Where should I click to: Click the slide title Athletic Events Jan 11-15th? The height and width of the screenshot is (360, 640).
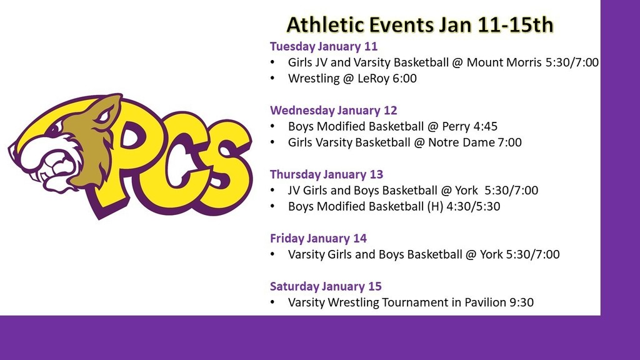[x=420, y=24]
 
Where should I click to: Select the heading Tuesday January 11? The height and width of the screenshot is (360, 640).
[x=324, y=46]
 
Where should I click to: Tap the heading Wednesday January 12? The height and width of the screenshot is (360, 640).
[x=334, y=111]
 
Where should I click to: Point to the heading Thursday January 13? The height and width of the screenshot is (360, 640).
[x=326, y=175]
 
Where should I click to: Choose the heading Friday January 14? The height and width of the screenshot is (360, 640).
[x=318, y=239]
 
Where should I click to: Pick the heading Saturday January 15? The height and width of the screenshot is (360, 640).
[x=326, y=286]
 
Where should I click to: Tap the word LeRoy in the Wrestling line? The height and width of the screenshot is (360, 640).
[x=374, y=78]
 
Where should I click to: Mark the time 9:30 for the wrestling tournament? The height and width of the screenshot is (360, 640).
[x=522, y=302]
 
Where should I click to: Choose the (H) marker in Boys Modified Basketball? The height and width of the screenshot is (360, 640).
[x=435, y=206]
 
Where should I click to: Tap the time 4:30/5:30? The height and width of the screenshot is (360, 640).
[x=474, y=206]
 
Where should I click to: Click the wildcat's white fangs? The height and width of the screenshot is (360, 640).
[x=56, y=165]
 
